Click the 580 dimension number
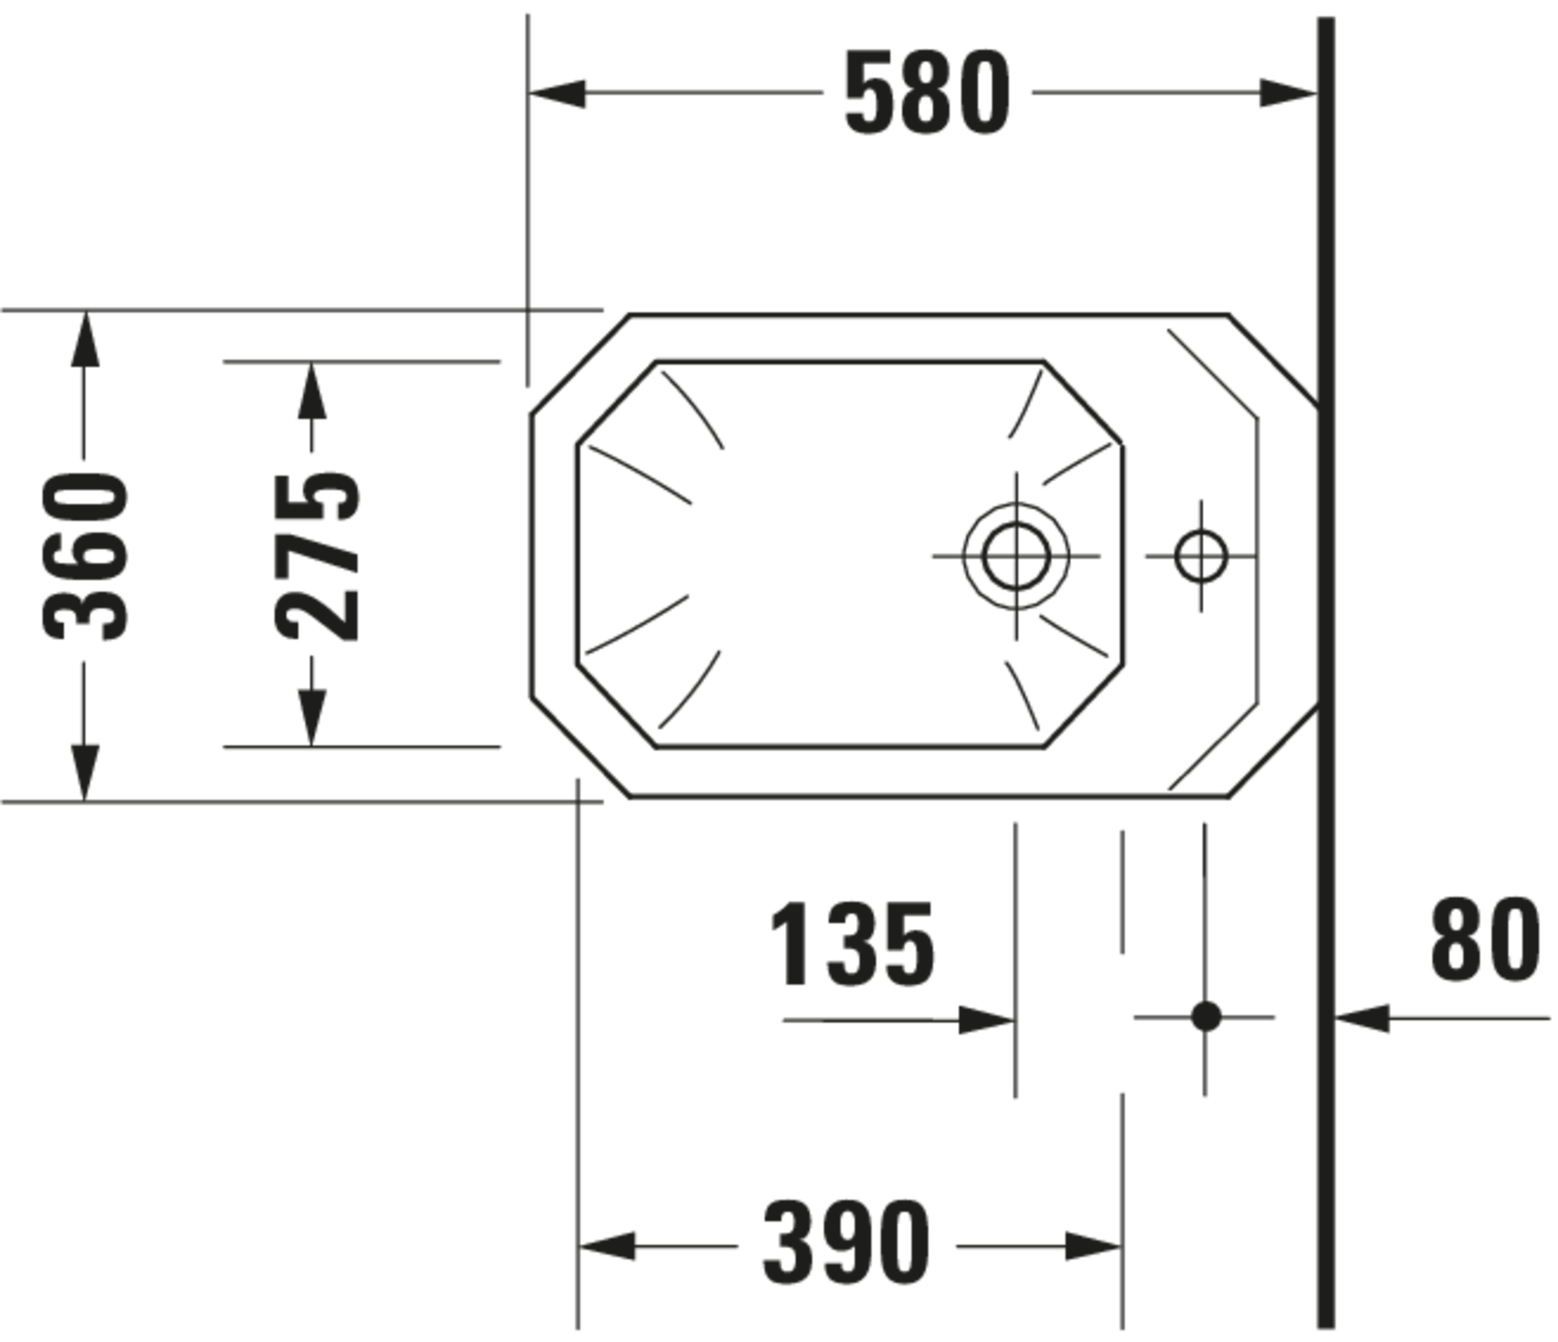[x=927, y=93]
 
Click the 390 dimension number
[x=847, y=1246]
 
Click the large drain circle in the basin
[x=1016, y=557]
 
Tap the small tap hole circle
[x=1201, y=557]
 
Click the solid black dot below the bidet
[x=1206, y=1017]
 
